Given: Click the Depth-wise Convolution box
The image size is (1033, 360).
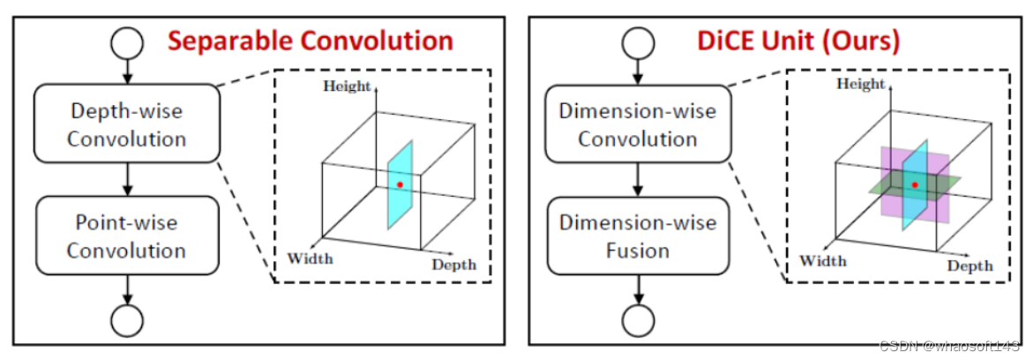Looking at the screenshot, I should (127, 124).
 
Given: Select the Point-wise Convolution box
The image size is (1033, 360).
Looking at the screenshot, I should (127, 236).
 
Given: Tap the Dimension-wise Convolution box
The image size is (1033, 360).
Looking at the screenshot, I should (637, 124).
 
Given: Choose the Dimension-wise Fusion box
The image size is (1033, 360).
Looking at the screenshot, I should (637, 236).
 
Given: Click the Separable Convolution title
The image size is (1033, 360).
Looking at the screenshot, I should (311, 41).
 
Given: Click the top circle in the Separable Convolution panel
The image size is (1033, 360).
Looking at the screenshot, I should (127, 41).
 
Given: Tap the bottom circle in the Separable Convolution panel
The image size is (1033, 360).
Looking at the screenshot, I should (127, 320).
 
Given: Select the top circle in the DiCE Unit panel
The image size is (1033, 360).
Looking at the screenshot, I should (637, 41).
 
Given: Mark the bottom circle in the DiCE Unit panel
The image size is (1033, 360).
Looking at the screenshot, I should (637, 320).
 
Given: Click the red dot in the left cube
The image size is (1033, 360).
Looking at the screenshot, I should (400, 184).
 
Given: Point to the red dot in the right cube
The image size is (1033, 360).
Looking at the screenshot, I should (915, 184).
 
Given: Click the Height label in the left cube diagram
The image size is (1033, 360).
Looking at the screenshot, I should (347, 86).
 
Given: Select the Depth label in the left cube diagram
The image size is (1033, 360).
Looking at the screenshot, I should (453, 264).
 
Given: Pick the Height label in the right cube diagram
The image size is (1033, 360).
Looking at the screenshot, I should (861, 85).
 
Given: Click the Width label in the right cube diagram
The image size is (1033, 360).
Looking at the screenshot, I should (822, 260).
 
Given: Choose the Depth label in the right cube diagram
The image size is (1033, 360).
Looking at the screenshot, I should (969, 265).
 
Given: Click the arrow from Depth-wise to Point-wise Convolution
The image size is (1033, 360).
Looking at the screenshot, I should (127, 179).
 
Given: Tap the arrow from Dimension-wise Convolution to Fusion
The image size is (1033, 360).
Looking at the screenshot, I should (637, 179).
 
